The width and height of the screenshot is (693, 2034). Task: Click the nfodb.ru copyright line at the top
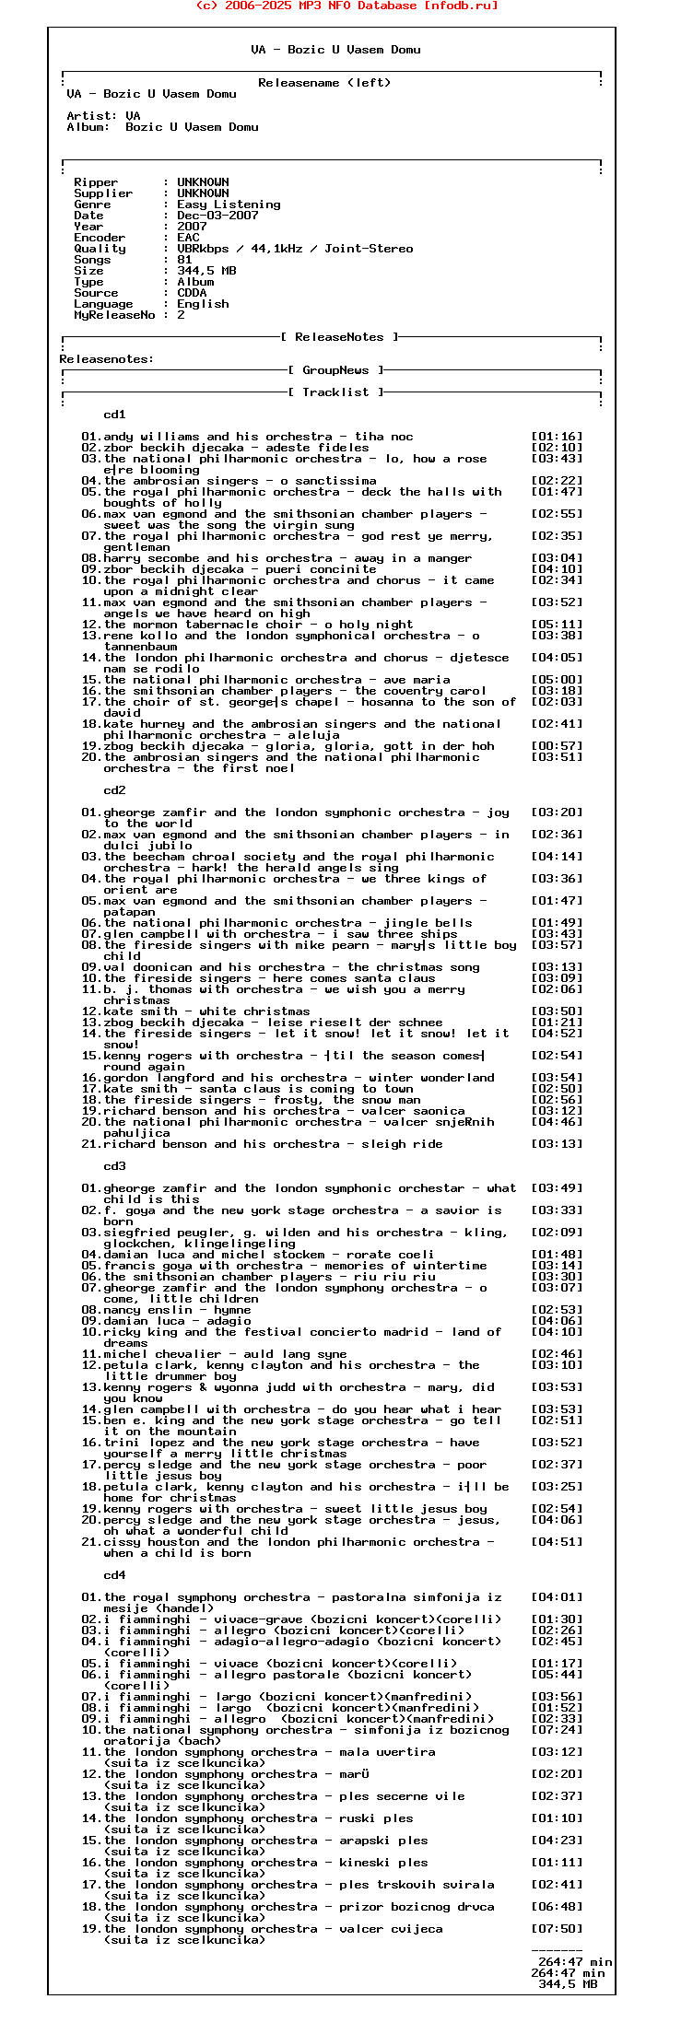tap(346, 6)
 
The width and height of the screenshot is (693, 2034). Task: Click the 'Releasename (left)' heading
tap(324, 83)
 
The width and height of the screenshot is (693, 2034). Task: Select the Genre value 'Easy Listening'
tap(229, 205)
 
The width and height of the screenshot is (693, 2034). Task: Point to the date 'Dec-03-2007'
tap(217, 216)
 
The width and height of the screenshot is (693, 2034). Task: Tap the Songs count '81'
tap(184, 260)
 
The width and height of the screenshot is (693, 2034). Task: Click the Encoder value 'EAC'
tap(188, 238)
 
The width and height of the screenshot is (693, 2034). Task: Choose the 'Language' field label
tap(103, 304)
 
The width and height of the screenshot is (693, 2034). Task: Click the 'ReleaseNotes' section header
tap(346, 337)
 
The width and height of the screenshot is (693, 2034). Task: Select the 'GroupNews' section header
tap(335, 370)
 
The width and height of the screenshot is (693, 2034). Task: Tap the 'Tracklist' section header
tap(335, 392)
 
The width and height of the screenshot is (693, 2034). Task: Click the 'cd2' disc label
tap(114, 790)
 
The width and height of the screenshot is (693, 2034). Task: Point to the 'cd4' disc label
tap(114, 1575)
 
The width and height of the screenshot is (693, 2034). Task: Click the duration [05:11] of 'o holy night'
tap(557, 625)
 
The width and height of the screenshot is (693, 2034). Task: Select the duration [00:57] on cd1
tap(557, 746)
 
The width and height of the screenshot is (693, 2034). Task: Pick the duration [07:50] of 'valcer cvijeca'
tap(557, 1929)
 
